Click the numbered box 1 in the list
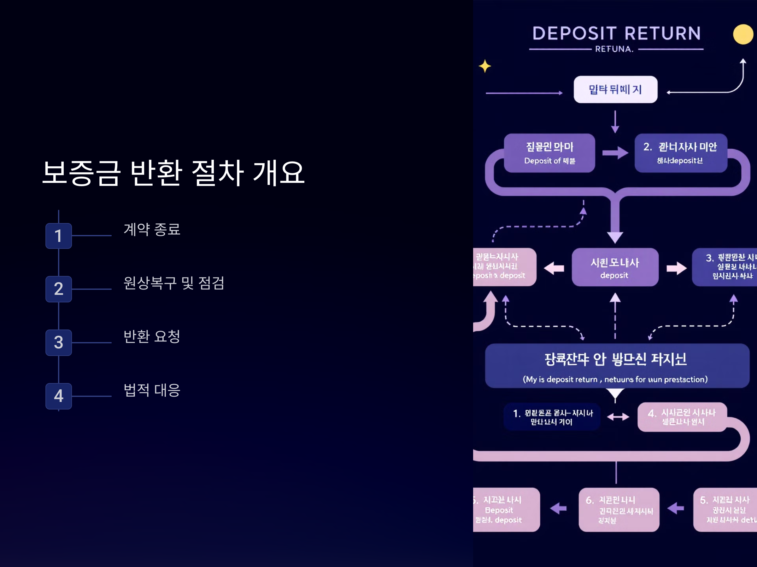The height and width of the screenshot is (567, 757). [x=59, y=236]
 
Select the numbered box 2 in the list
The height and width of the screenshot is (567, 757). [x=59, y=289]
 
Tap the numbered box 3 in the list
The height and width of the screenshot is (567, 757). [x=59, y=342]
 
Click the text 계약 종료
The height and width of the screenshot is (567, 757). [x=152, y=229]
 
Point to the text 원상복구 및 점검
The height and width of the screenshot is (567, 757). [x=174, y=283]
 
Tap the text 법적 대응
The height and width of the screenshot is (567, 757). [x=152, y=390]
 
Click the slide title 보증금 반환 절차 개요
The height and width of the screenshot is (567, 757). [x=173, y=173]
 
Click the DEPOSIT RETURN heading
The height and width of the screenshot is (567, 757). [x=616, y=33]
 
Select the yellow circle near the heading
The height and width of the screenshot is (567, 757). [x=743, y=34]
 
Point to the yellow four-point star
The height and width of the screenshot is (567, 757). [x=484, y=66]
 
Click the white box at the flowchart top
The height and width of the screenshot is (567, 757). [x=615, y=89]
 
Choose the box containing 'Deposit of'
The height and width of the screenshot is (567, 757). [x=549, y=153]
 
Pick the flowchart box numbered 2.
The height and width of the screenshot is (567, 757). [x=680, y=153]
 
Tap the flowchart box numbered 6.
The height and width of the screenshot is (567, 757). [x=619, y=509]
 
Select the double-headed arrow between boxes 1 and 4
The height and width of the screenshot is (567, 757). [x=618, y=417]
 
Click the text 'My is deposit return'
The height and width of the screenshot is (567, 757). [x=560, y=379]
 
